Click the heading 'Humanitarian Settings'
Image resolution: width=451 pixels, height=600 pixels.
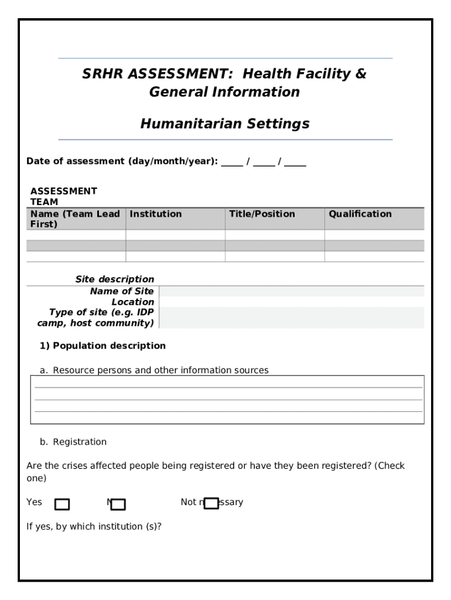pyautogui.click(x=225, y=124)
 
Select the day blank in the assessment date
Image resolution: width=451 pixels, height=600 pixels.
pyautogui.click(x=232, y=162)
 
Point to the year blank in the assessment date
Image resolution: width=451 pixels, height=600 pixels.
pyautogui.click(x=295, y=162)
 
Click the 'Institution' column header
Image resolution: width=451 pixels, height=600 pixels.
pyautogui.click(x=156, y=214)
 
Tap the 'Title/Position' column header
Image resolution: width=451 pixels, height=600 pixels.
pyautogui.click(x=262, y=214)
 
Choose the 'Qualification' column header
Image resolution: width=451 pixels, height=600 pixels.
pyautogui.click(x=360, y=214)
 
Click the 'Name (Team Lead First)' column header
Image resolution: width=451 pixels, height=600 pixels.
pyautogui.click(x=75, y=219)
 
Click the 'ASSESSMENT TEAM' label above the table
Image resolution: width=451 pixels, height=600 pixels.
pyautogui.click(x=63, y=196)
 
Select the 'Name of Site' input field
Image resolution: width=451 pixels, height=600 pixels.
pyautogui.click(x=291, y=291)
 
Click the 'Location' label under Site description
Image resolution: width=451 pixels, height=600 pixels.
pyautogui.click(x=133, y=302)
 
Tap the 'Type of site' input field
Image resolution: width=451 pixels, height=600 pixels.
pyautogui.click(x=291, y=318)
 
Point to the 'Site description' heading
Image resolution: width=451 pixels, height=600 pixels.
pyautogui.click(x=115, y=279)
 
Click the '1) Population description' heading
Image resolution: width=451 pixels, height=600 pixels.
pyautogui.click(x=102, y=346)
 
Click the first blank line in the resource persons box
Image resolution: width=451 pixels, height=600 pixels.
pyautogui.click(x=228, y=387)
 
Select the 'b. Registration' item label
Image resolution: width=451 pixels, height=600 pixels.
pyautogui.click(x=73, y=442)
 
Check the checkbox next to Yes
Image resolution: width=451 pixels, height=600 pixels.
pyautogui.click(x=61, y=504)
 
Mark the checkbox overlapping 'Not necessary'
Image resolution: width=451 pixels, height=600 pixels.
pyautogui.click(x=211, y=503)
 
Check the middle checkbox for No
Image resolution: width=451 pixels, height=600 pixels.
pyautogui.click(x=118, y=504)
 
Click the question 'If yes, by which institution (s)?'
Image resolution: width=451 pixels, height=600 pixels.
pyautogui.click(x=94, y=526)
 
